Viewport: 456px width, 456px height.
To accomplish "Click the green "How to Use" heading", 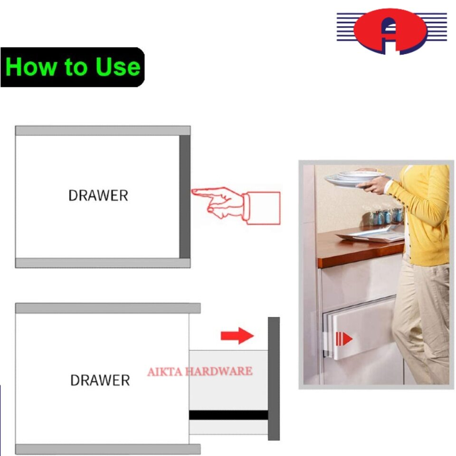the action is point(73,67).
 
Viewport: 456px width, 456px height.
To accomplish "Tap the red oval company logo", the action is point(390,31).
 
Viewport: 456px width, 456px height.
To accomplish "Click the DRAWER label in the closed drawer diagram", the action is point(98,195).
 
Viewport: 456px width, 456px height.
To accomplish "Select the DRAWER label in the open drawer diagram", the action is point(100,380).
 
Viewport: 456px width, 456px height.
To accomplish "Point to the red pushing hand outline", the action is point(236,206).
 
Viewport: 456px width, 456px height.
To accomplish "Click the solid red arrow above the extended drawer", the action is point(237,336).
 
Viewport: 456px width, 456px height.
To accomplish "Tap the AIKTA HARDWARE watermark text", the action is point(200,371).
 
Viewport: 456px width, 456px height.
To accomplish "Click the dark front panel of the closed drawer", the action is point(185,197).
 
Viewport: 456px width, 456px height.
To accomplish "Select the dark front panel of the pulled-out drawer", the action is point(274,379).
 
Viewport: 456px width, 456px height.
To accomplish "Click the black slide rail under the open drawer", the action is point(228,415).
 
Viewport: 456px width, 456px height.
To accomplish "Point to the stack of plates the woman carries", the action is point(357,178).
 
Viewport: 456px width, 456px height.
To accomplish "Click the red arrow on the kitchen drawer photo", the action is point(344,339).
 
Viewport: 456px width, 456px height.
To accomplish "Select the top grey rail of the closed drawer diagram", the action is point(103,131).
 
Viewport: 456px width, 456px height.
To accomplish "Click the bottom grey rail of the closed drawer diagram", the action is point(103,263).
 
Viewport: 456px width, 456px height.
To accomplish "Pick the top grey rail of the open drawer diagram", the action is point(108,308).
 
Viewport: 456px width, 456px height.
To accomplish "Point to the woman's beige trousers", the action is point(422,320).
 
